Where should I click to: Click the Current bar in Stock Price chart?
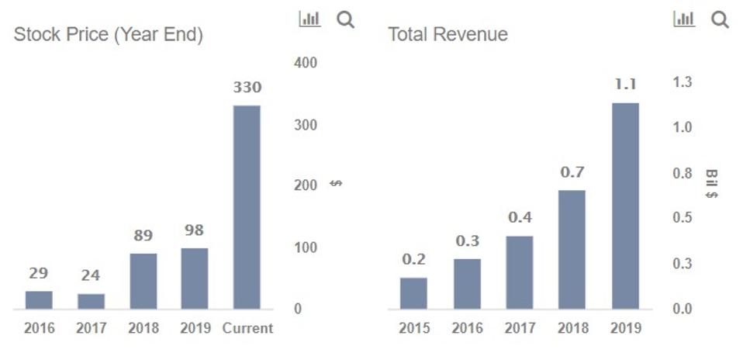coord(247,207)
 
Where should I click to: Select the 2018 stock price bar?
coord(143,281)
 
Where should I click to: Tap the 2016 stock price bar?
coord(39,299)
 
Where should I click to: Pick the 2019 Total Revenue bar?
coord(625,206)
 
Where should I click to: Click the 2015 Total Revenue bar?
coord(413,292)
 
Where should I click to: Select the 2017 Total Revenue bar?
coord(520,272)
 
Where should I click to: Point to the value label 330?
coord(247,88)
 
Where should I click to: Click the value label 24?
coord(91,275)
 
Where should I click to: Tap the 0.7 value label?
coord(572,172)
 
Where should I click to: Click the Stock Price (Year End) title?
coord(109,35)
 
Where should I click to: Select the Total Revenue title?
coord(448,35)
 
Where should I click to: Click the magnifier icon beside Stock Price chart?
coord(346,20)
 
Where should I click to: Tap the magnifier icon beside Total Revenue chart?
coord(720,20)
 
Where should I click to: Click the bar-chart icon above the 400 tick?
coord(309,19)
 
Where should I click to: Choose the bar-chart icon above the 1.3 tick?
coord(683,19)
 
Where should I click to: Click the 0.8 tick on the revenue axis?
coord(683,173)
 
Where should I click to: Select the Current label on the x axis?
coord(247,328)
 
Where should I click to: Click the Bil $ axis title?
coord(711,184)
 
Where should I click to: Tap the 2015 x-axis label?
coord(414,328)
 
